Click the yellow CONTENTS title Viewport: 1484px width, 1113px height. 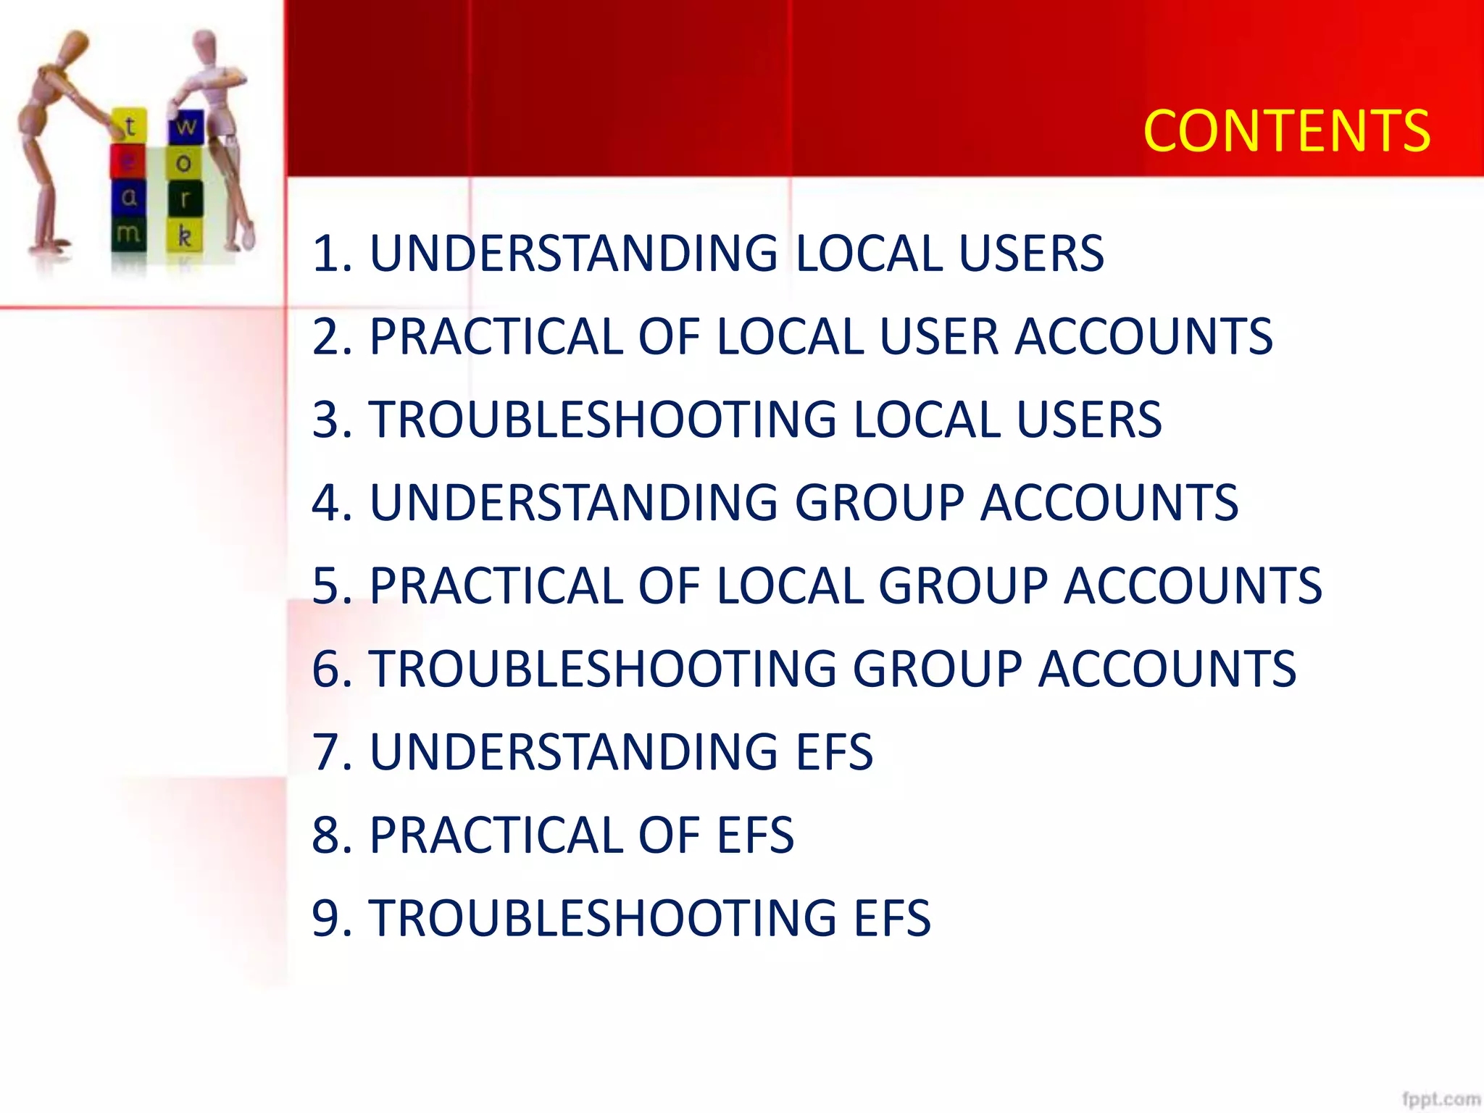tap(1286, 131)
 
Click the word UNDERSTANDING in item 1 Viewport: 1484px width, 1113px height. tap(573, 254)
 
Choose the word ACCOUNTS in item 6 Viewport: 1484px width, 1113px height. tap(1167, 669)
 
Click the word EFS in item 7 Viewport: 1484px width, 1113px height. tap(835, 752)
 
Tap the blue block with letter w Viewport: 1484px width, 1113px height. tap(186, 126)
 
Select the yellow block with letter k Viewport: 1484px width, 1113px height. tap(185, 235)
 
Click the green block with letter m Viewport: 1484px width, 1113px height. tap(128, 233)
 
